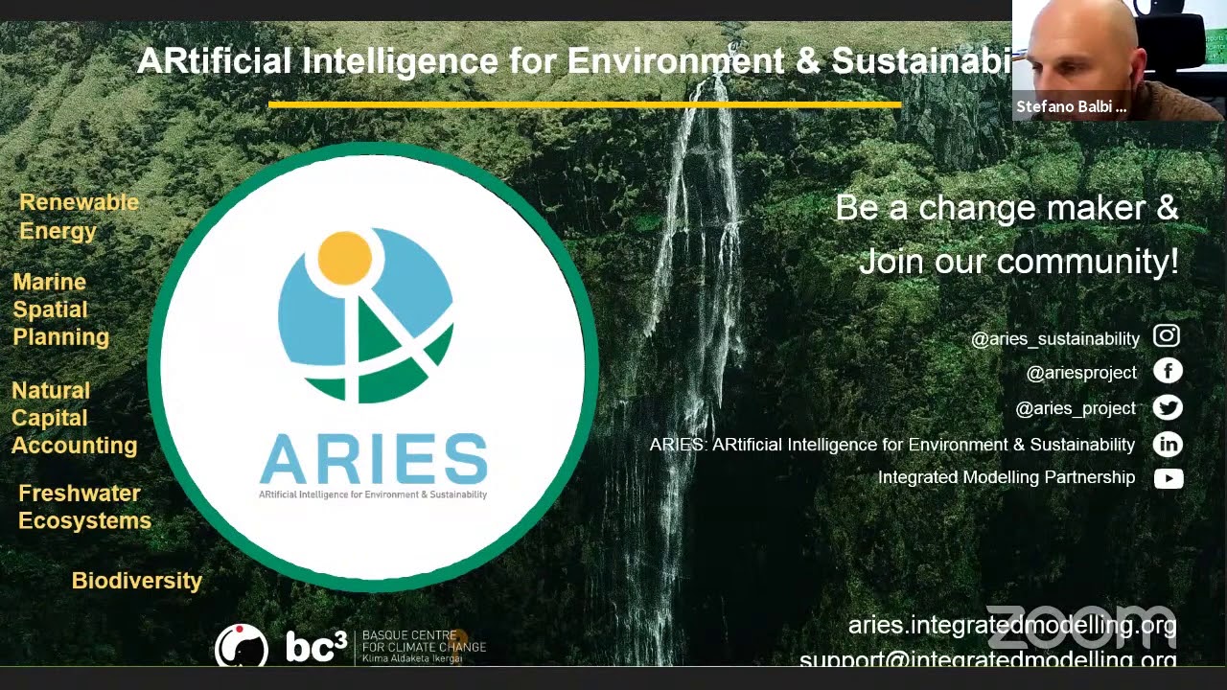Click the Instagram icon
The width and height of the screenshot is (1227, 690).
pyautogui.click(x=1167, y=335)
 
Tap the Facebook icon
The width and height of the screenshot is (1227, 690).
pyautogui.click(x=1168, y=371)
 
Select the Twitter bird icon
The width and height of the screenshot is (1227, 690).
pyautogui.click(x=1168, y=407)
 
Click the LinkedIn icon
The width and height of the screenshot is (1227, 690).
pyautogui.click(x=1168, y=444)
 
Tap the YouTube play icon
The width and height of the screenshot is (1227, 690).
pyautogui.click(x=1169, y=478)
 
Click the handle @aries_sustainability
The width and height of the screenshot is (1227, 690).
pyautogui.click(x=1054, y=338)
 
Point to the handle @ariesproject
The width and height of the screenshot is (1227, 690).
pyautogui.click(x=1081, y=373)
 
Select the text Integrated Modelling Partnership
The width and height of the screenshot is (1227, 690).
pyautogui.click(x=1006, y=477)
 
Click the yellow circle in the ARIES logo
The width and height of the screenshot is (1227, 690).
pyautogui.click(x=344, y=258)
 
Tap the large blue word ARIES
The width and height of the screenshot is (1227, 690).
pyautogui.click(x=373, y=460)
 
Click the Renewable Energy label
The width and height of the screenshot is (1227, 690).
pyautogui.click(x=79, y=217)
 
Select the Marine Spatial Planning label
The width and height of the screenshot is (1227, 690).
pyautogui.click(x=60, y=310)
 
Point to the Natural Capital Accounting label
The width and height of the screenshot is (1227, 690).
pyautogui.click(x=74, y=418)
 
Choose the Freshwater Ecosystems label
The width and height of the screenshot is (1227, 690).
pyautogui.click(x=84, y=507)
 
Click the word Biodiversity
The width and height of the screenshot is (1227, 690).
pyautogui.click(x=137, y=581)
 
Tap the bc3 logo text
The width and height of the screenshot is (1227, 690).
pyautogui.click(x=315, y=648)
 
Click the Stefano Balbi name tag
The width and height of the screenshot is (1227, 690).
pyautogui.click(x=1071, y=106)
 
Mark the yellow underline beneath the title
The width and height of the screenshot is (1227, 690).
pyautogui.click(x=585, y=104)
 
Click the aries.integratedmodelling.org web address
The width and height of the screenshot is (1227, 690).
pyautogui.click(x=1011, y=625)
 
